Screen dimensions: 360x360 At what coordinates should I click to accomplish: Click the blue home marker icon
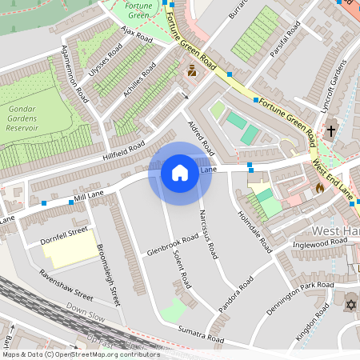[x=180, y=172]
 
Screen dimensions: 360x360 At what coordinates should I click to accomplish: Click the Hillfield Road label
[x=123, y=149]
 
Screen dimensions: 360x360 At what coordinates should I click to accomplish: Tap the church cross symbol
[x=331, y=129]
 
